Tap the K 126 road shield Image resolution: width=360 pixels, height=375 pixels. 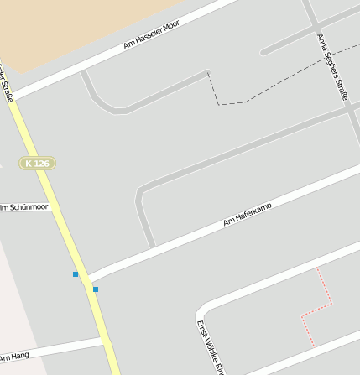click(38, 163)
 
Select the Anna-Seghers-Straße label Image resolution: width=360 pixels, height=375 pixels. click(332, 67)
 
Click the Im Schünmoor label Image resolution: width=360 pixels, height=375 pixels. click(25, 206)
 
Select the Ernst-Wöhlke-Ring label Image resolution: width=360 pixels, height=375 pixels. click(210, 349)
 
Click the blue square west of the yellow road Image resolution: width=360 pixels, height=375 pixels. click(76, 274)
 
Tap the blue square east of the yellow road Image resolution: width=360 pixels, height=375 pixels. click(96, 289)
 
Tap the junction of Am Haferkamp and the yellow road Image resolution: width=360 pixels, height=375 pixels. click(86, 279)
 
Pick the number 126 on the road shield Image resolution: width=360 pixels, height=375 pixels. click(43, 163)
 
